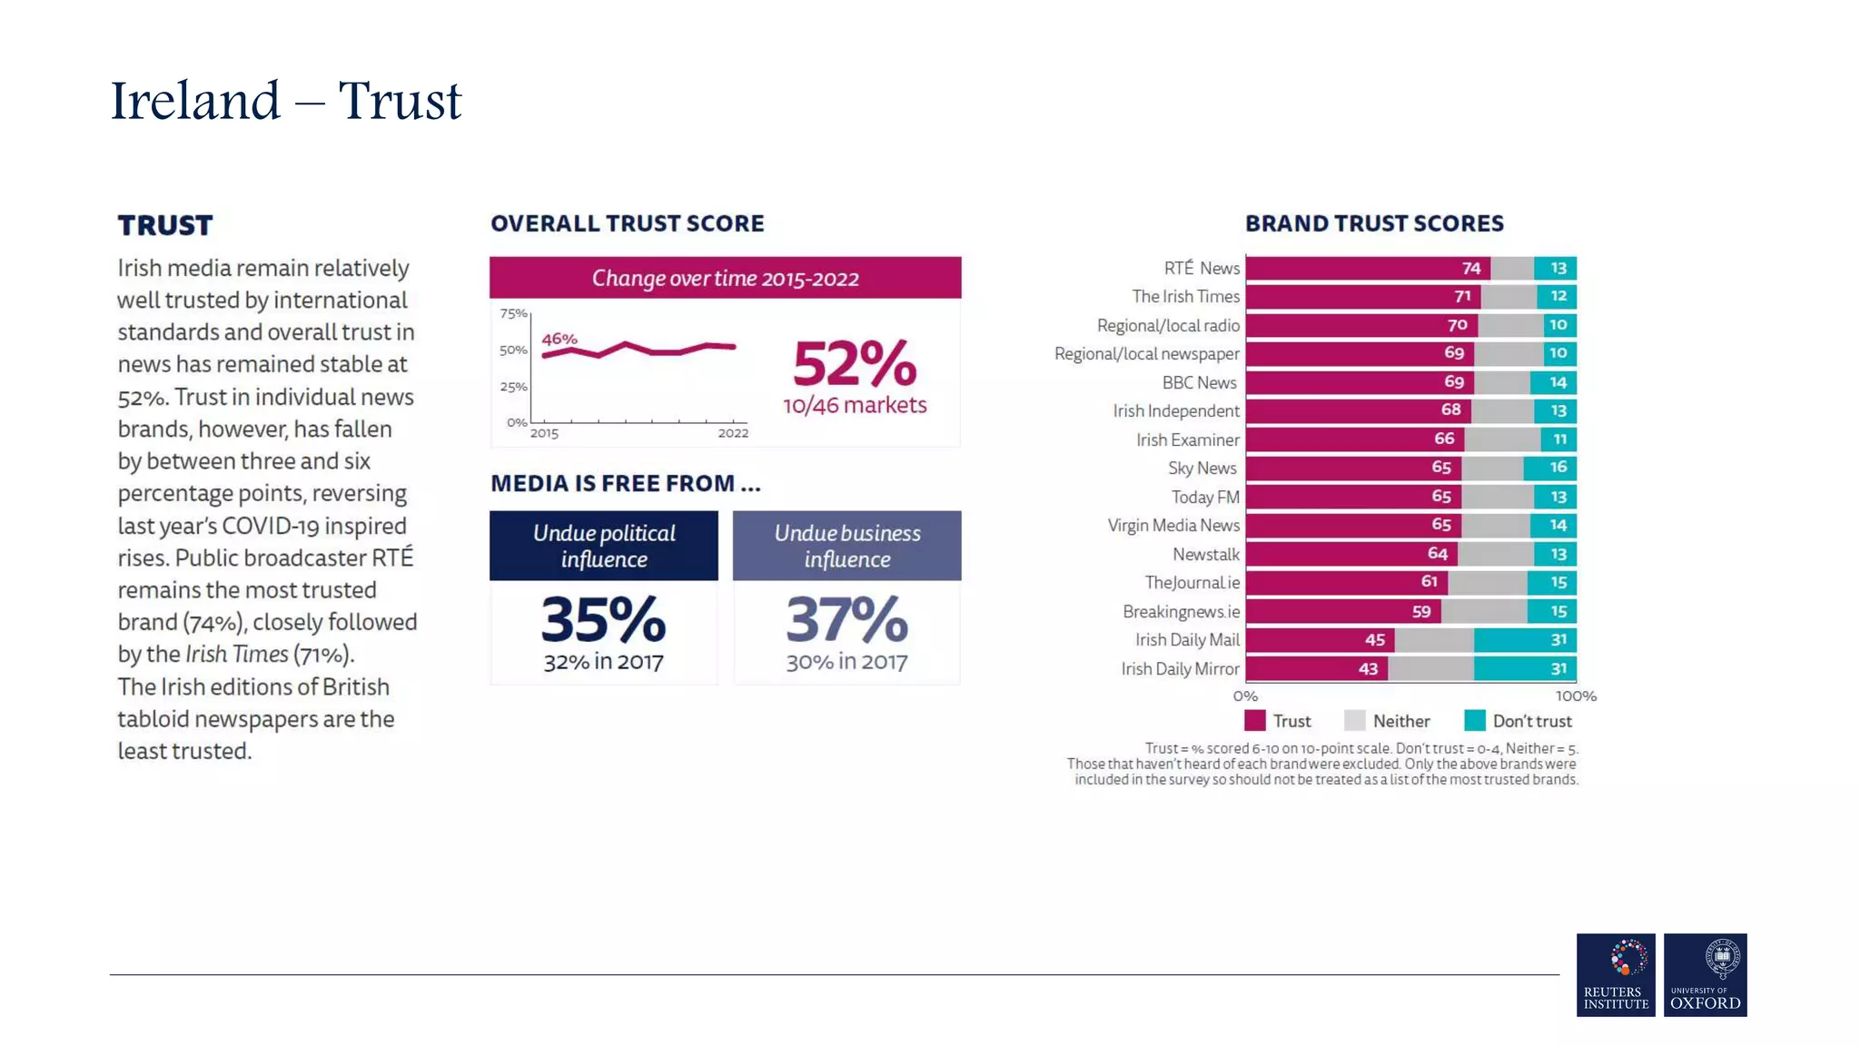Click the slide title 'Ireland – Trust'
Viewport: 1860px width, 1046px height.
(x=286, y=101)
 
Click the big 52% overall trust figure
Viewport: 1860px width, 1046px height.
(x=855, y=365)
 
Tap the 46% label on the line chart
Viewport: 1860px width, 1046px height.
(x=559, y=340)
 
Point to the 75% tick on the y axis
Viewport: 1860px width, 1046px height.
(x=513, y=314)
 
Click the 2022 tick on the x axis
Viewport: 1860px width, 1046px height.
(x=733, y=433)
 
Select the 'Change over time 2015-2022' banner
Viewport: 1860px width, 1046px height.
(x=725, y=278)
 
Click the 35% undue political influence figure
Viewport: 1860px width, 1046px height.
(x=603, y=621)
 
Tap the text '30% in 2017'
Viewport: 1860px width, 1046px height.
(x=846, y=662)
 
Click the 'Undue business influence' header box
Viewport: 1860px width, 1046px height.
(x=846, y=546)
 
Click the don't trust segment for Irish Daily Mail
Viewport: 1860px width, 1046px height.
(x=1526, y=640)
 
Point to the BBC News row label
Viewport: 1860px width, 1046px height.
(x=1199, y=383)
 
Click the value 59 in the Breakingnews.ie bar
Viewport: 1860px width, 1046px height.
(x=1421, y=612)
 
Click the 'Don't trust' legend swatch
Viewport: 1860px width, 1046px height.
(x=1475, y=721)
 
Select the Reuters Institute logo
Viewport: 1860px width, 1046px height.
(x=1616, y=975)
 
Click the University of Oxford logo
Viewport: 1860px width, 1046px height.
(x=1705, y=975)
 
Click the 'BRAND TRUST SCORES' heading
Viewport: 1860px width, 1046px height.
(x=1374, y=223)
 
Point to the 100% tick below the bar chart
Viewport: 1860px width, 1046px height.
(x=1576, y=696)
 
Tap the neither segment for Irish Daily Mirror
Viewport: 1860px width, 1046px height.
(x=1430, y=669)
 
